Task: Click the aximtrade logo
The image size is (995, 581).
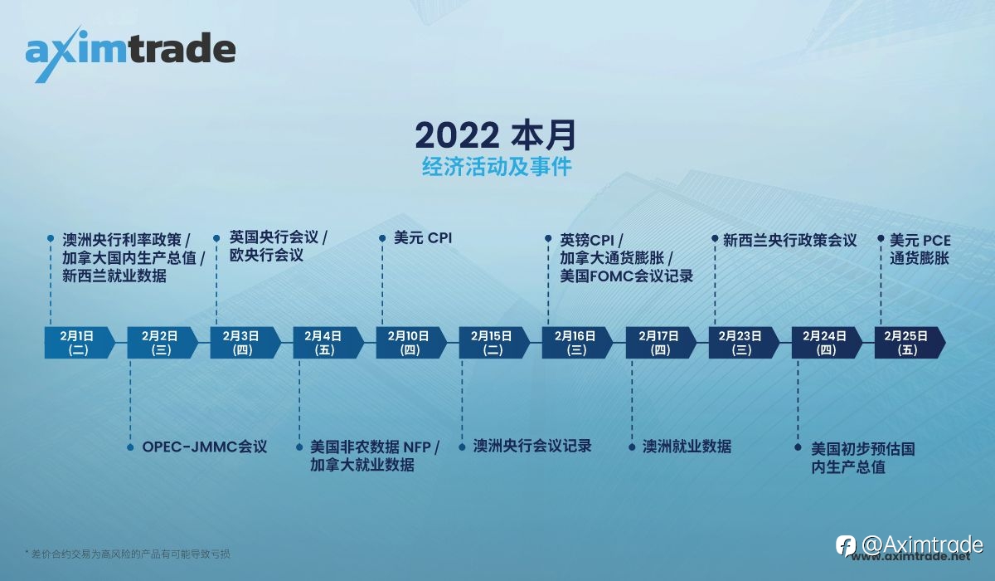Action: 130,53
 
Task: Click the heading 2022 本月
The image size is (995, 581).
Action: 496,135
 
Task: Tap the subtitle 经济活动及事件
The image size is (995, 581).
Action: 497,167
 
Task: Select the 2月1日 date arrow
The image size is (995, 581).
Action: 80,343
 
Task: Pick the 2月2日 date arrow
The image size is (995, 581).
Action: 163,343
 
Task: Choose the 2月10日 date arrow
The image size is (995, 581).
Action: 411,343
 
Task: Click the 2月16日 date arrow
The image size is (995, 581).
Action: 577,343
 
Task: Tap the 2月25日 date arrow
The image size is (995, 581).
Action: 910,343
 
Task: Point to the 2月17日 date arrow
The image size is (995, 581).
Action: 661,343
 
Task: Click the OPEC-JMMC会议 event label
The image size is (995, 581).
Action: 204,447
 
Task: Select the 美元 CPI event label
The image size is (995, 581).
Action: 423,238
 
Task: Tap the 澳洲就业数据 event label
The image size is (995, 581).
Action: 687,447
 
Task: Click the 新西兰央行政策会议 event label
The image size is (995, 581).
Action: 789,241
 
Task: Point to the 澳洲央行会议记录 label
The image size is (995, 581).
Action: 532,446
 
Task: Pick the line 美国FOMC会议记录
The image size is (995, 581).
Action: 626,276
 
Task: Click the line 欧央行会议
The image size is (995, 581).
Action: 266,255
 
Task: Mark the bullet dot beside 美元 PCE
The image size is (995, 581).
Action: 881,238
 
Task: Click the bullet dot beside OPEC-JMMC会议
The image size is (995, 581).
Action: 130,447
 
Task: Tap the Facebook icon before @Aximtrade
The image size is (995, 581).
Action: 846,545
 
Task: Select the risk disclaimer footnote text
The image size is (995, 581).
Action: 128,554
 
